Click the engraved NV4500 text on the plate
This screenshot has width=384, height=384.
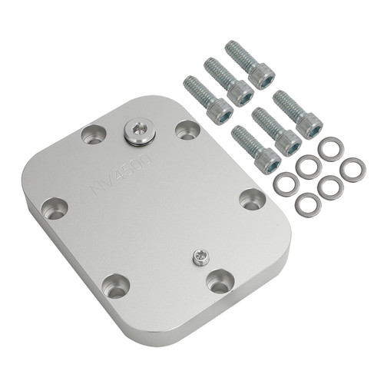point(123,172)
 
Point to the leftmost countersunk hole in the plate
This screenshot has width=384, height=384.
point(54,207)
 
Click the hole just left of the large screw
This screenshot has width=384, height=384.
point(93,136)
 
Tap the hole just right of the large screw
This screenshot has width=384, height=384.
point(185,128)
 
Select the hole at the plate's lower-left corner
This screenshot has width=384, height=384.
point(116,287)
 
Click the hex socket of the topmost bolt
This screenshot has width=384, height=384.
point(263,76)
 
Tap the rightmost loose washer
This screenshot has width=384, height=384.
point(353,169)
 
